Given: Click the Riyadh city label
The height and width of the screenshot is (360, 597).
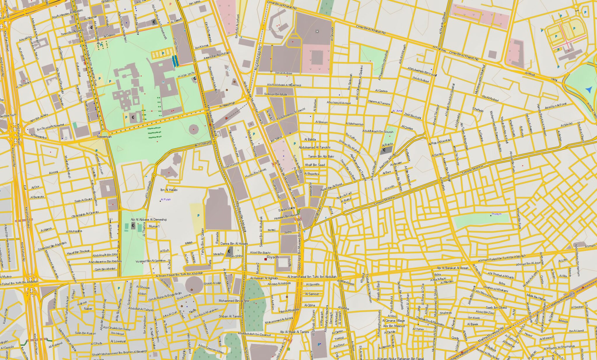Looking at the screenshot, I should pyautogui.click(x=273, y=257).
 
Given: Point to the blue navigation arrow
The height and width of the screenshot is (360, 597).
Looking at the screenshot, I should pyautogui.click(x=589, y=90).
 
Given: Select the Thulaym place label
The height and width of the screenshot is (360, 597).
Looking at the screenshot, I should pyautogui.click(x=496, y=214).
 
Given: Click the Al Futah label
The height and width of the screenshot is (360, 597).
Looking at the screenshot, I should pyautogui.click(x=166, y=200).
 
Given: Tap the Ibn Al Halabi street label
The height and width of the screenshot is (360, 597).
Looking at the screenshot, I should pyautogui.click(x=169, y=190).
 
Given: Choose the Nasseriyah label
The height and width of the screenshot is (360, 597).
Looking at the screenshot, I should pyautogui.click(x=104, y=137).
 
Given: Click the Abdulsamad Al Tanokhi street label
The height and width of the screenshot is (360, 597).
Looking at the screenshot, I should pyautogui.click(x=315, y=147).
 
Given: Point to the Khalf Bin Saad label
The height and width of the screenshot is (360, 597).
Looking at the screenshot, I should pyautogui.click(x=315, y=165).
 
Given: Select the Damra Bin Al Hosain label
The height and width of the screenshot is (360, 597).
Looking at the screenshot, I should pyautogui.click(x=234, y=243).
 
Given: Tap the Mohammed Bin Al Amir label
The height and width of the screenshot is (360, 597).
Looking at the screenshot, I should pyautogui.click(x=234, y=301).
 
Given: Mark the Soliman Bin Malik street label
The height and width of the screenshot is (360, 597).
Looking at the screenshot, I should pyautogui.click(x=275, y=94).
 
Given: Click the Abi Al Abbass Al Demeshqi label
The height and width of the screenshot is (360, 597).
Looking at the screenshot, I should pyautogui.click(x=149, y=220).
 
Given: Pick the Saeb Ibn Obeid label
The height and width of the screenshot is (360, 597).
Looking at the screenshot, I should pyautogui.click(x=496, y=308).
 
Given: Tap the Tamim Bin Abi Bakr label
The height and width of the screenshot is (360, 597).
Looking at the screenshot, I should pyautogui.click(x=321, y=156).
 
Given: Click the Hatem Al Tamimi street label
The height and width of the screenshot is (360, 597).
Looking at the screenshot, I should pyautogui.click(x=379, y=102).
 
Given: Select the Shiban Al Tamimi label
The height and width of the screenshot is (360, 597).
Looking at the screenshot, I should pyautogui.click(x=230, y=316).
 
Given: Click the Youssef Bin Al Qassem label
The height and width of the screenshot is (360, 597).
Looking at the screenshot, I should pyautogui.click(x=150, y=261).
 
